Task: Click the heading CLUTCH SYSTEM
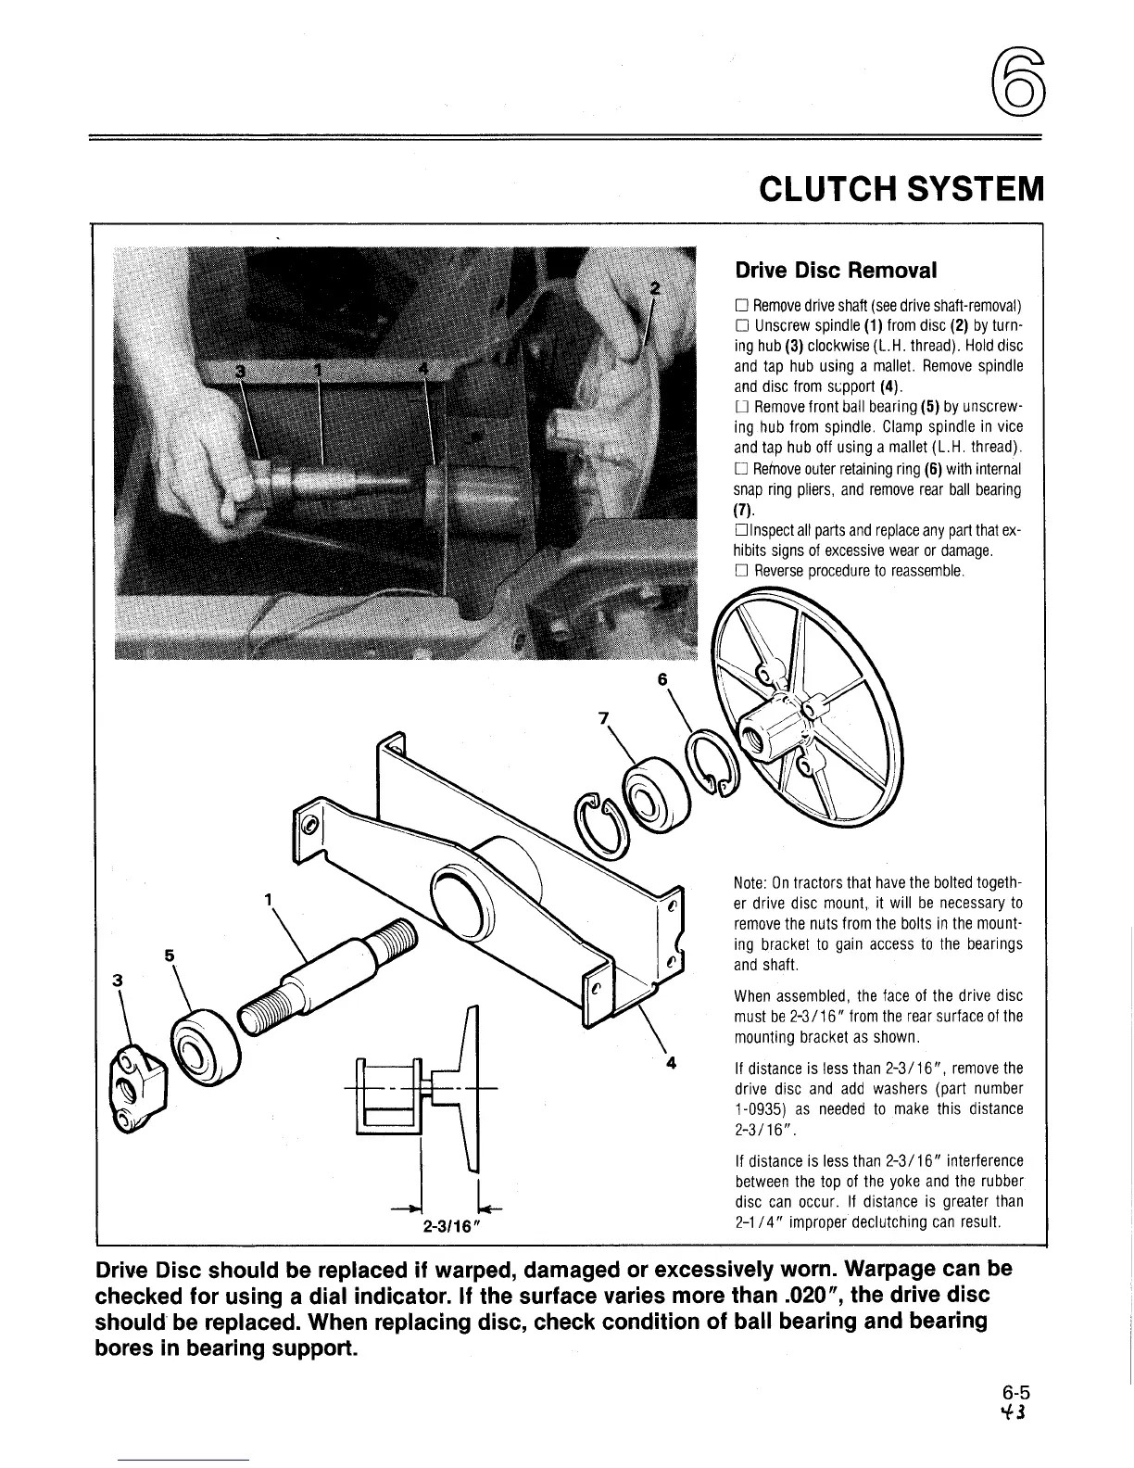(x=900, y=192)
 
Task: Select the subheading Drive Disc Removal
(x=836, y=270)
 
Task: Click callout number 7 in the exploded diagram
(x=604, y=716)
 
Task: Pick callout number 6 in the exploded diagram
(x=661, y=678)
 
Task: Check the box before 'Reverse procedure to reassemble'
(x=740, y=572)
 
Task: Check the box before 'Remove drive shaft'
(x=740, y=306)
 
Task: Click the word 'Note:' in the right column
(x=750, y=882)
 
